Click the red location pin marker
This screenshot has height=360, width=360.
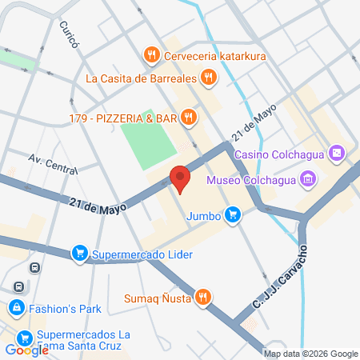[x=180, y=178]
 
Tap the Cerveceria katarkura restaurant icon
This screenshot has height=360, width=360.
[x=150, y=55]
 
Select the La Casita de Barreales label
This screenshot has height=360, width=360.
[x=141, y=78]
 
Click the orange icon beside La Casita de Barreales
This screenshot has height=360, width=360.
[x=209, y=78]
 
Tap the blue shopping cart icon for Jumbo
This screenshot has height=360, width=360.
[x=232, y=214]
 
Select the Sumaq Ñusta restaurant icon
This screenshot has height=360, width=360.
[x=204, y=298]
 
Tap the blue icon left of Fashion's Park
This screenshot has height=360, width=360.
[x=16, y=306]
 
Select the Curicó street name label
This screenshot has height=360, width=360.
[x=68, y=35]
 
